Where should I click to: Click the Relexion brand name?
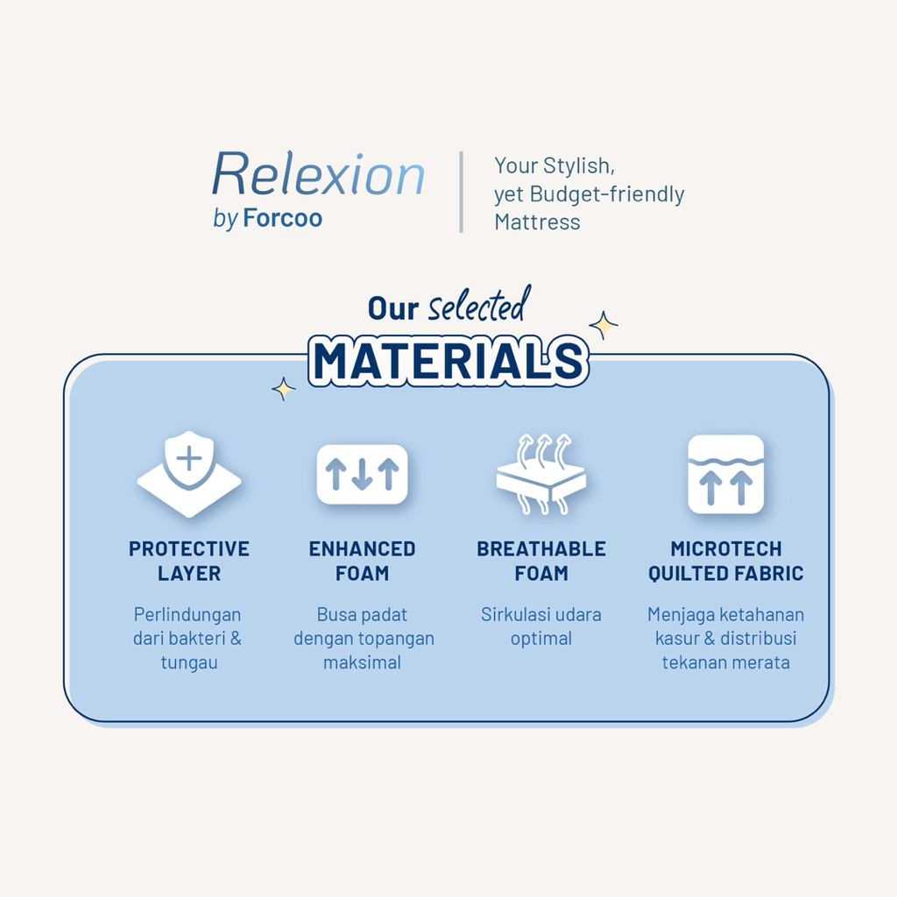[318, 174]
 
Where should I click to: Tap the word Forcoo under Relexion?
[283, 218]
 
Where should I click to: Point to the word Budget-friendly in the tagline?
[607, 194]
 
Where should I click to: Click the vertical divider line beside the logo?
[461, 192]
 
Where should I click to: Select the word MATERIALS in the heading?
[448, 362]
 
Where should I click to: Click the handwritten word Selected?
[477, 305]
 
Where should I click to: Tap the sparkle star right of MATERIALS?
[604, 326]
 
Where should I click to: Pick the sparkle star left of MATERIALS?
[283, 389]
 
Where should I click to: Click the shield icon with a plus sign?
[189, 474]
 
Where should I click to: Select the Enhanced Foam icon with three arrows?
[362, 474]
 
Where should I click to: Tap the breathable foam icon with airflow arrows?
[541, 474]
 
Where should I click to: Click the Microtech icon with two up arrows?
[726, 474]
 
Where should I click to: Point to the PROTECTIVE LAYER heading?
[189, 561]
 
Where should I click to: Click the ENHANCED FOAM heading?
[362, 561]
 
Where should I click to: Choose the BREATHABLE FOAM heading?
[541, 561]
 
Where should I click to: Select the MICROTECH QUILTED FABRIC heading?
[726, 561]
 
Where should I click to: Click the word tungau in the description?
[189, 662]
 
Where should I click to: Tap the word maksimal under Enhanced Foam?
[362, 662]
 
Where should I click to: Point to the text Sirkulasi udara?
[541, 614]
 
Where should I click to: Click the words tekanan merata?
[726, 662]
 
